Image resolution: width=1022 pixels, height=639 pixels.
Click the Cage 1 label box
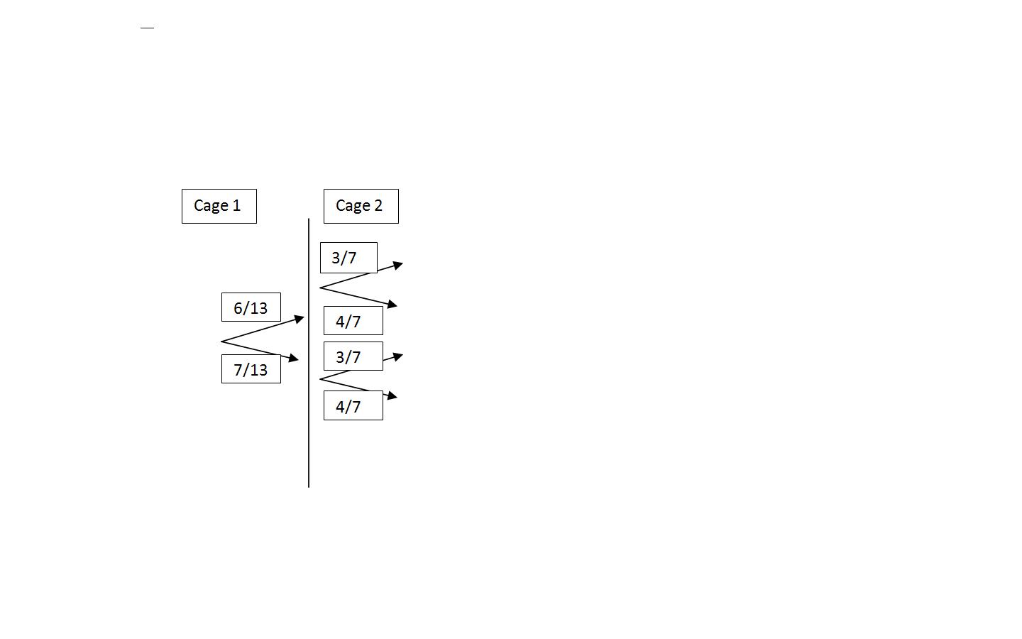(219, 206)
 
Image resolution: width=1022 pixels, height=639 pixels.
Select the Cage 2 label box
(361, 206)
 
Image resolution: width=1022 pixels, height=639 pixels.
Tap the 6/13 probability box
(251, 307)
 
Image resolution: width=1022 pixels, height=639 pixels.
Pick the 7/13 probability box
(251, 369)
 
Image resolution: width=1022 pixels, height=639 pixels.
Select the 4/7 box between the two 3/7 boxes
(353, 321)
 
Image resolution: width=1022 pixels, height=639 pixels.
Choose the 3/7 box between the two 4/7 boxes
(353, 356)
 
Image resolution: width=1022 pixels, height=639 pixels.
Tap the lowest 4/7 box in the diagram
(353, 406)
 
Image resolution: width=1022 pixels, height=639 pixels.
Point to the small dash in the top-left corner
(147, 28)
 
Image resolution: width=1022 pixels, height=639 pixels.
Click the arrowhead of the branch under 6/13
(300, 319)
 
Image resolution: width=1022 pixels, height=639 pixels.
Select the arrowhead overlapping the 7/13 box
(294, 359)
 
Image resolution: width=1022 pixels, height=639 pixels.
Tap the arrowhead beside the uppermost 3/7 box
(398, 266)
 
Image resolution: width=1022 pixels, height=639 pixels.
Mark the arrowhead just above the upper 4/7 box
(392, 305)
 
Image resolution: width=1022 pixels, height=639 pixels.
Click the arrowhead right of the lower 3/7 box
(398, 356)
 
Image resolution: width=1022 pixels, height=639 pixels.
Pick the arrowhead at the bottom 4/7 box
(392, 395)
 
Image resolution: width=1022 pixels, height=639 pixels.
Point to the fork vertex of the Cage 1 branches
(222, 342)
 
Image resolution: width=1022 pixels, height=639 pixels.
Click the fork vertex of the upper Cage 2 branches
(321, 288)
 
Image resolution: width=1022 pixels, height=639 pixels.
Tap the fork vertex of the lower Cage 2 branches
(321, 379)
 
